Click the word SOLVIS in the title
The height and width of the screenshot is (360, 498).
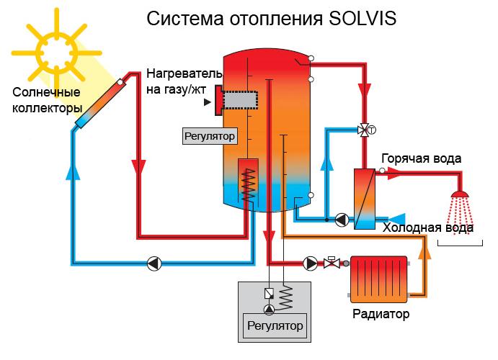[x=360, y=17]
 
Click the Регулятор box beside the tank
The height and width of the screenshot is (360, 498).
[x=210, y=135]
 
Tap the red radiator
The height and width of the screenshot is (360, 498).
[x=378, y=279]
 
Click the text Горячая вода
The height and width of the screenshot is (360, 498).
[x=422, y=158]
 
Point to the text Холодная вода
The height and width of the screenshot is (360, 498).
[x=428, y=228]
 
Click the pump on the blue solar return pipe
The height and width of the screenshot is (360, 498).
[x=154, y=263]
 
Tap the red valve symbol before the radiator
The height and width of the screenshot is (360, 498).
[x=332, y=263]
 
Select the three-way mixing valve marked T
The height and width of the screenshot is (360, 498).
[x=366, y=129]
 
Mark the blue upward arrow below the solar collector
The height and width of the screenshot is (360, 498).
[x=73, y=173]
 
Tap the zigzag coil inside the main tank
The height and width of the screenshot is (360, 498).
[x=249, y=184]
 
